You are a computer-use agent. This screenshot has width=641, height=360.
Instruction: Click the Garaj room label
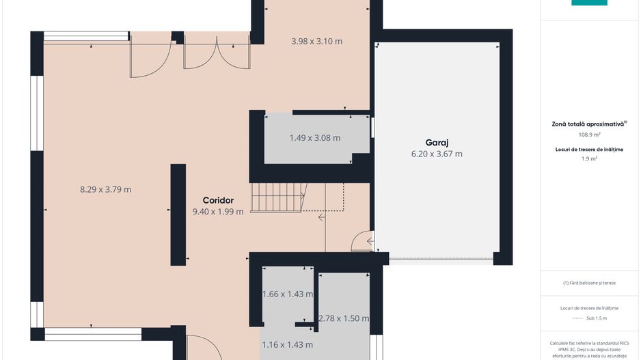(x=437, y=143)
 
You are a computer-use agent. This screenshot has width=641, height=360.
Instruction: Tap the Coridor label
(x=218, y=200)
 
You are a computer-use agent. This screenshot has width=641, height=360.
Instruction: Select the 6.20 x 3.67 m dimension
(x=437, y=154)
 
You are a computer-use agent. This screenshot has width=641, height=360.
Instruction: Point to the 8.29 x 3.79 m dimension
(x=105, y=190)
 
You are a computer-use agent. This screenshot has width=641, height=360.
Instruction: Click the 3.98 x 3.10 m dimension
(x=317, y=41)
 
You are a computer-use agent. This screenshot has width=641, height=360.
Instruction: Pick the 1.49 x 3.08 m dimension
(x=315, y=138)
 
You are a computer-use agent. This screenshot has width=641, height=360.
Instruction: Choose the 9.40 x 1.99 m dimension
(x=218, y=212)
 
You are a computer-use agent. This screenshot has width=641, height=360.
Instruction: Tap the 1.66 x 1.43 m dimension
(x=288, y=294)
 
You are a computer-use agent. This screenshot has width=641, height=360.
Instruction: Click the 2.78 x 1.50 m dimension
(x=344, y=318)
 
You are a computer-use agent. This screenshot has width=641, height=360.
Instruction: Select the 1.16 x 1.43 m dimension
(x=288, y=345)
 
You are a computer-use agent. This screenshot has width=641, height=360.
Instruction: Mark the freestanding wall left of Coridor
(x=178, y=215)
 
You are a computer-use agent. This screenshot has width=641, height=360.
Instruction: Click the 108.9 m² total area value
(x=589, y=135)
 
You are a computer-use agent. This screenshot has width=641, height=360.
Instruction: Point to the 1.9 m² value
(x=589, y=158)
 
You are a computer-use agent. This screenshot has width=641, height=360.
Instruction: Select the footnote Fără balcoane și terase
(x=589, y=283)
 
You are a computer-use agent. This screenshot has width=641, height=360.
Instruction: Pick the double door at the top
(x=217, y=53)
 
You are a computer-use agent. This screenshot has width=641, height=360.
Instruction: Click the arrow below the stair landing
(x=322, y=217)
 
